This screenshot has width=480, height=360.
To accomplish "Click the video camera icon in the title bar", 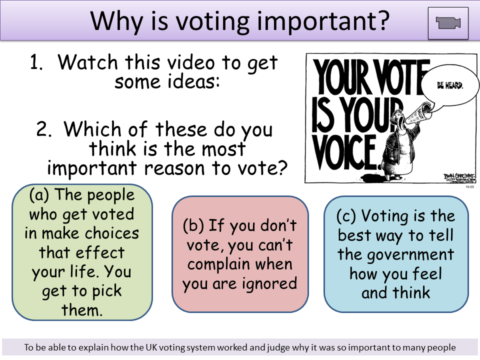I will pos(448,23).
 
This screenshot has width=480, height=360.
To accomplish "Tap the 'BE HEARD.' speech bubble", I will pos(450,85).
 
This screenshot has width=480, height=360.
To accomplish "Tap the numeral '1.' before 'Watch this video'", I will pos(39,63).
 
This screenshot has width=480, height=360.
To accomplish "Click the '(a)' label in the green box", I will pos(39,195).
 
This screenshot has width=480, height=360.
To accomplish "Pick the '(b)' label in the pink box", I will pos(192,225).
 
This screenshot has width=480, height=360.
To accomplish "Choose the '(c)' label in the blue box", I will pos(346,216).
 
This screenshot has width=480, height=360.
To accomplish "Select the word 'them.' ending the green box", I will pos(82,310).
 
